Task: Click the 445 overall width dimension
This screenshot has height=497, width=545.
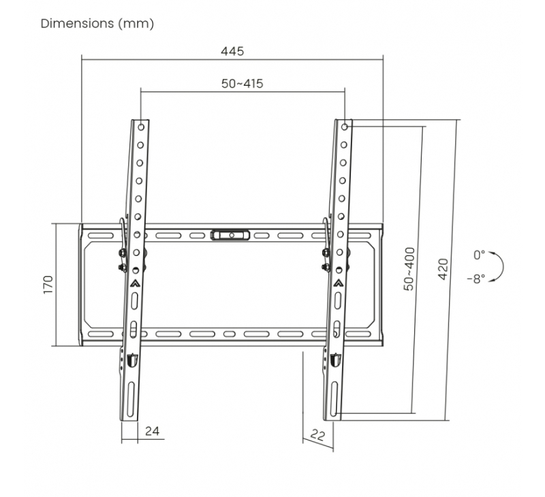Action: click(x=232, y=51)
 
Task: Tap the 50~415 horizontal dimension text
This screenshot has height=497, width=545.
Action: click(x=243, y=84)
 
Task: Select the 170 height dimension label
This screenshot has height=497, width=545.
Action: click(x=48, y=285)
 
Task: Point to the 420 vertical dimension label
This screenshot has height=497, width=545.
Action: click(x=443, y=269)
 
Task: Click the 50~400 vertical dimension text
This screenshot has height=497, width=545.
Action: click(x=409, y=269)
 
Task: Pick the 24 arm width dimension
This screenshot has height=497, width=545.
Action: click(x=152, y=431)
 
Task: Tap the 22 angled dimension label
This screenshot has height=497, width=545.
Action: click(x=317, y=435)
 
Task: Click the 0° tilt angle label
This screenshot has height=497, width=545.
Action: click(x=479, y=255)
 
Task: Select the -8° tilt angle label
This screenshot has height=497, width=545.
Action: click(x=476, y=278)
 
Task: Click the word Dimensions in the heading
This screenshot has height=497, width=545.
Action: click(x=77, y=24)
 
